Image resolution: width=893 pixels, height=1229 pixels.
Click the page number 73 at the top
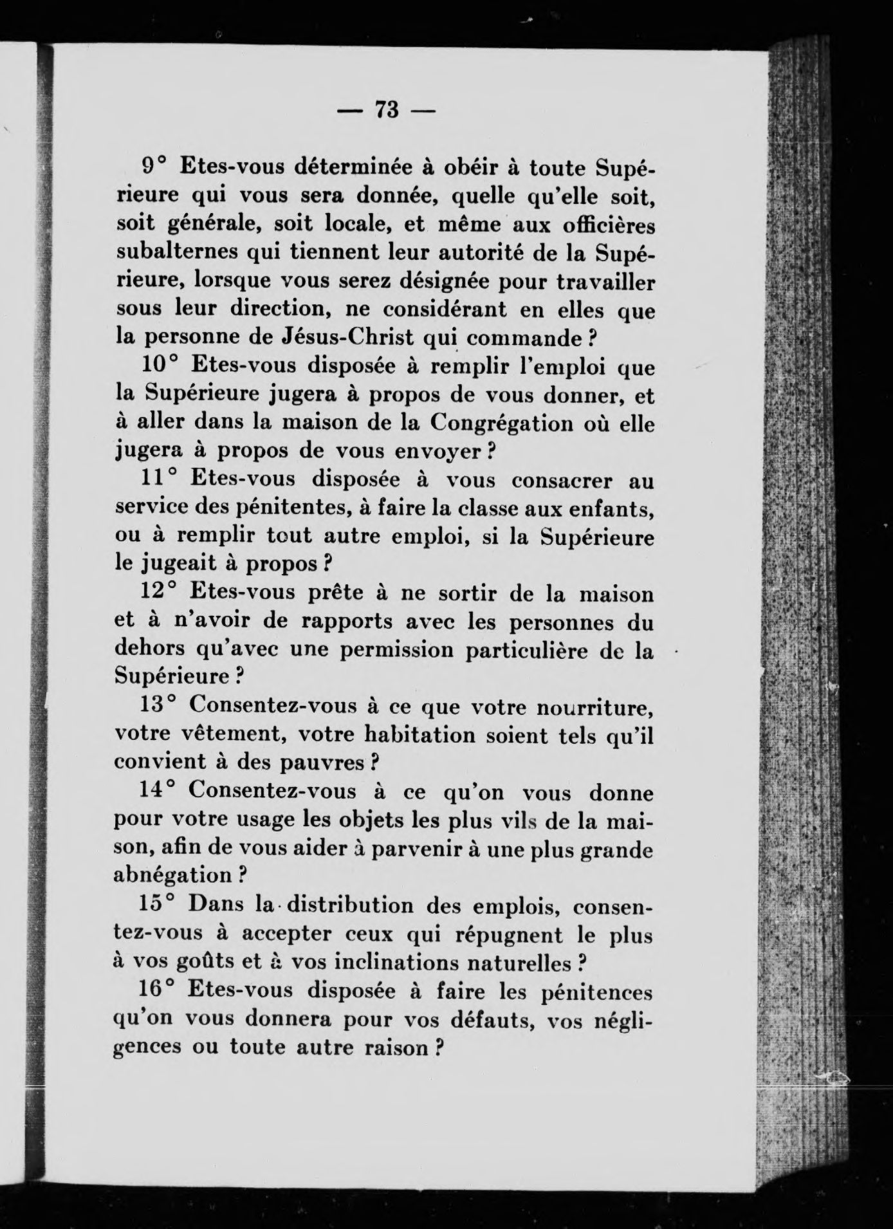pyautogui.click(x=387, y=110)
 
